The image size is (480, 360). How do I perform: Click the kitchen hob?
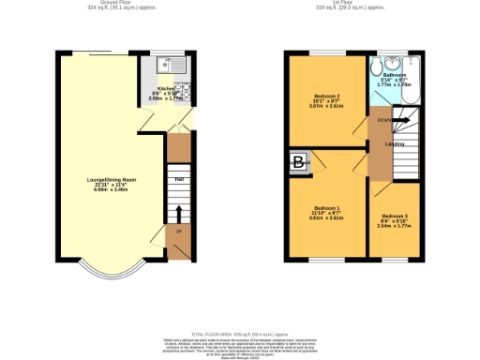point(185,92)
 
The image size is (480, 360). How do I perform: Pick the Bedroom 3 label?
point(393,217)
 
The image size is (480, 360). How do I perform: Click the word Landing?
point(395,144)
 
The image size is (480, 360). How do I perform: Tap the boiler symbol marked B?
point(299,162)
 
